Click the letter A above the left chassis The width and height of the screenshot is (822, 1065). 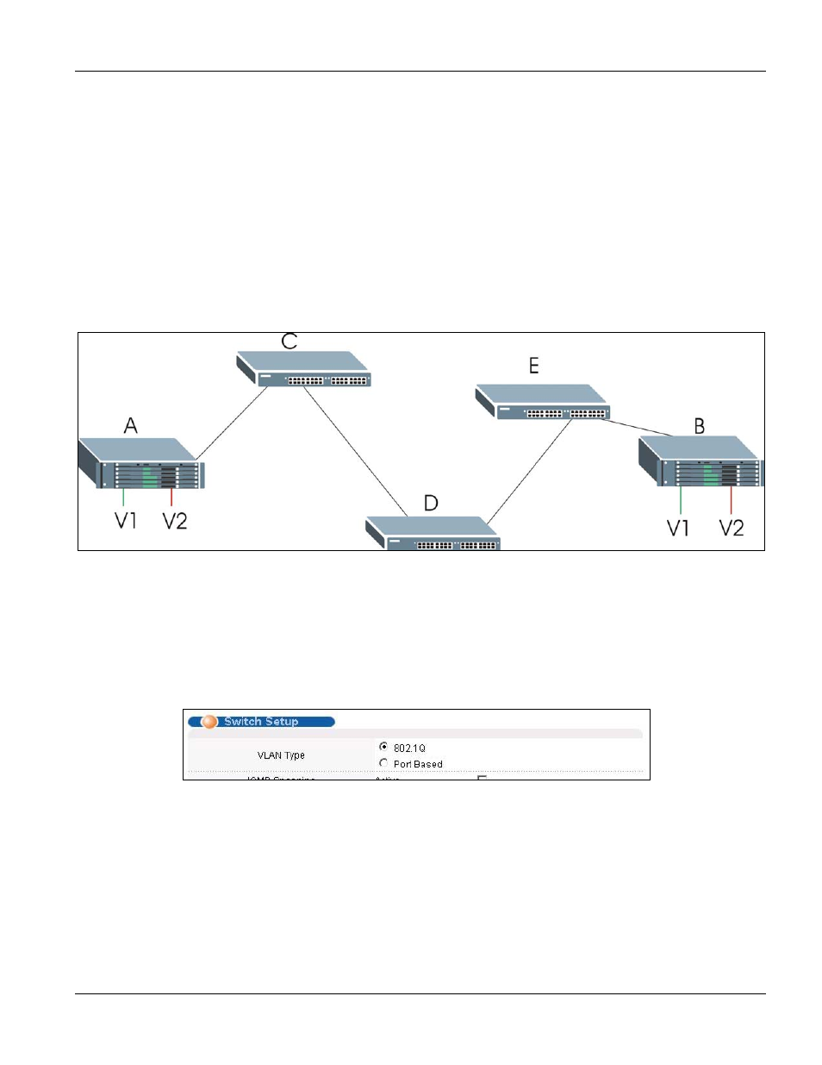pyautogui.click(x=131, y=425)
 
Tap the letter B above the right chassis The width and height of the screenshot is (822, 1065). pyautogui.click(x=700, y=426)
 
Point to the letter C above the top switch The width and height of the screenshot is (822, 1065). pyautogui.click(x=290, y=341)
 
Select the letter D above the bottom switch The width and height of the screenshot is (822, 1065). pyautogui.click(x=431, y=503)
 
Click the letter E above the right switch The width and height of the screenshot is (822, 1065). pyautogui.click(x=534, y=366)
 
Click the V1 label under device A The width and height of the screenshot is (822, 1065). pyautogui.click(x=126, y=521)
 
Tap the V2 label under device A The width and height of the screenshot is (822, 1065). pyautogui.click(x=175, y=521)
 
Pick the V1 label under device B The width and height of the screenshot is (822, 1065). pyautogui.click(x=678, y=528)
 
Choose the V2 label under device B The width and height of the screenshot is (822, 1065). pyautogui.click(x=732, y=528)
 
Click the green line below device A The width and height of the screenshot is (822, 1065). pyautogui.click(x=123, y=497)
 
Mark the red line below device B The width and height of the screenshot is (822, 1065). pyautogui.click(x=732, y=500)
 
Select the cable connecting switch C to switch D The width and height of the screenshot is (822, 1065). pyautogui.click(x=355, y=451)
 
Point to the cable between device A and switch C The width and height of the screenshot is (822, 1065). pyautogui.click(x=231, y=423)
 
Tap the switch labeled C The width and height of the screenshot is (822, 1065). pyautogui.click(x=304, y=369)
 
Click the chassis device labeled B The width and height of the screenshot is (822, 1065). pyautogui.click(x=700, y=462)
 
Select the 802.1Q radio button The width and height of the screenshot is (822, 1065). pyautogui.click(x=383, y=747)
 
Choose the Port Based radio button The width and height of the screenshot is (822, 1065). pyautogui.click(x=383, y=763)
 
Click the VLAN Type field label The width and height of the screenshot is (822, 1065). pyautogui.click(x=281, y=755)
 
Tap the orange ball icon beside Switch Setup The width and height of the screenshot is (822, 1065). pyautogui.click(x=209, y=722)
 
